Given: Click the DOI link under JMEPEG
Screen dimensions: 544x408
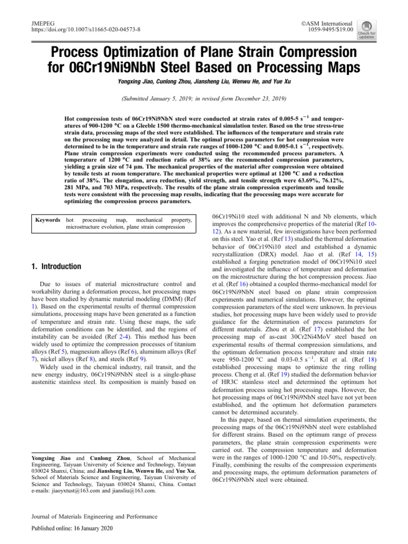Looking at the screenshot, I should [83, 30].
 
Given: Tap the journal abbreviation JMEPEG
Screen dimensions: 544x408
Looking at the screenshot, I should [37, 23].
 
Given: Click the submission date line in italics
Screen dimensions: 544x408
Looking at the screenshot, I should [204, 99].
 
